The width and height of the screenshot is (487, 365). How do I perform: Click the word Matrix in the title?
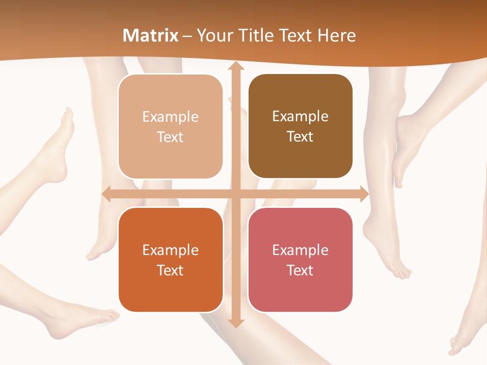(x=151, y=35)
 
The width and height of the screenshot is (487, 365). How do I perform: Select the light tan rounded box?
(x=170, y=127)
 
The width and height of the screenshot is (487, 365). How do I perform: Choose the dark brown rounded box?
(x=300, y=126)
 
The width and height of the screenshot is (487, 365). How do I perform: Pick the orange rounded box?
(x=170, y=260)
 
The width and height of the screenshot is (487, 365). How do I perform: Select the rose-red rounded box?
(x=300, y=260)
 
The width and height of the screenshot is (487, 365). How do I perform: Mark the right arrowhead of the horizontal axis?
(x=364, y=194)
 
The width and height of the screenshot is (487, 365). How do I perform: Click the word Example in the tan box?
(x=170, y=117)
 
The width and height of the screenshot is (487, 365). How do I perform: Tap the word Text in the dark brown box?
(x=300, y=137)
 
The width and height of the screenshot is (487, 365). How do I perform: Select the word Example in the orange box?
(x=170, y=250)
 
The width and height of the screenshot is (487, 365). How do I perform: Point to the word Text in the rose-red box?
(x=300, y=270)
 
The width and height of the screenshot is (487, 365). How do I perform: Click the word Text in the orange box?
(x=170, y=270)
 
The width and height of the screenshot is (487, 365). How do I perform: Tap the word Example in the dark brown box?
(x=300, y=117)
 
